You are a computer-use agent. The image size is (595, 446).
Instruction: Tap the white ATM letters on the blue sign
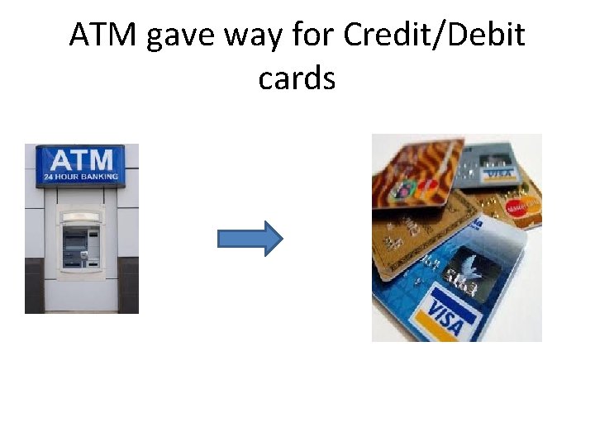click(x=80, y=160)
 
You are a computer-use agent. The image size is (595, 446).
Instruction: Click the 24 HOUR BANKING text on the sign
click(x=81, y=176)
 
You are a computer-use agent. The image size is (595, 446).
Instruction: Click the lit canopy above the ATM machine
click(x=80, y=217)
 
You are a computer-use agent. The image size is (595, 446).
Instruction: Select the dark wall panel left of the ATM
click(x=34, y=285)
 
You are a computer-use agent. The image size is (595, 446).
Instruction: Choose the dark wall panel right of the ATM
click(x=129, y=285)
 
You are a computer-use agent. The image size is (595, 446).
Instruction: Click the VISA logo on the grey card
click(x=498, y=173)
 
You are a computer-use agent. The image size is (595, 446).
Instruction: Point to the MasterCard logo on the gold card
click(x=520, y=209)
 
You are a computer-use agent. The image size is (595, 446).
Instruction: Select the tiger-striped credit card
click(x=413, y=177)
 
